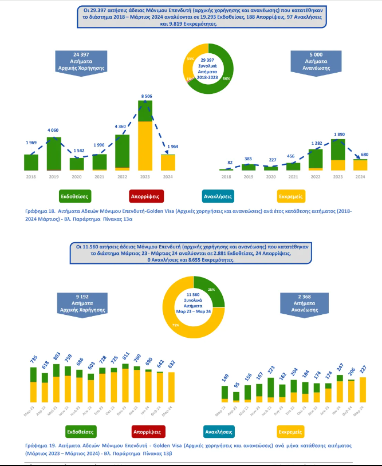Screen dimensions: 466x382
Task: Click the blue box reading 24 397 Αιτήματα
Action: click(82, 60)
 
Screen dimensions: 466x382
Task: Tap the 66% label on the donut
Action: click(226, 78)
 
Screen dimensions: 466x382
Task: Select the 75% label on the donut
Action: click(175, 325)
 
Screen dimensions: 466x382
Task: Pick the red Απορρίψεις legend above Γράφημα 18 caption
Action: click(145, 196)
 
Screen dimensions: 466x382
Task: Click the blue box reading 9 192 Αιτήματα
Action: click(82, 301)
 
